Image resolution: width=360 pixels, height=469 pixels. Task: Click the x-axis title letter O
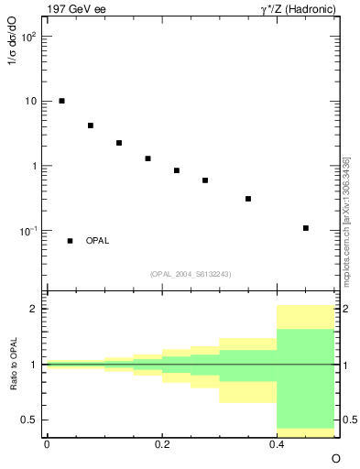click(335, 458)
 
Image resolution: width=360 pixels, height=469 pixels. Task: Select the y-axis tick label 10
click(32, 102)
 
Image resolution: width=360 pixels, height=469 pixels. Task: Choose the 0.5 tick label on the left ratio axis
click(32, 420)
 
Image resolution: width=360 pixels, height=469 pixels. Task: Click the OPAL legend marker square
click(70, 241)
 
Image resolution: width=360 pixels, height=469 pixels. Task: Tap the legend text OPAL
click(97, 241)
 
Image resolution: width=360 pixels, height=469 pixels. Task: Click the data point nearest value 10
click(61, 101)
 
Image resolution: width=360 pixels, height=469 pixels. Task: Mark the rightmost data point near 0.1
click(305, 228)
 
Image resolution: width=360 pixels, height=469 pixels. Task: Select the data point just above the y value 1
click(147, 158)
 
